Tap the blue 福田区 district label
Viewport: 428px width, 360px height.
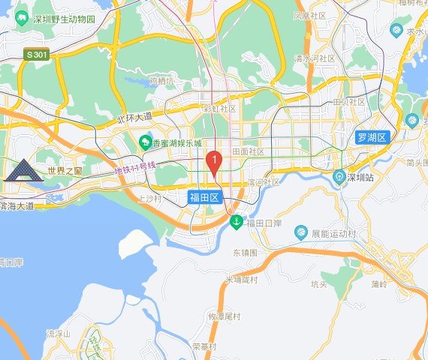point(203,198)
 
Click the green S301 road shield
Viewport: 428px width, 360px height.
point(35,55)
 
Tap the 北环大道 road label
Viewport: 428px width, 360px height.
point(135,117)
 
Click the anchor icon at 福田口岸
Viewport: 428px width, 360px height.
point(236,222)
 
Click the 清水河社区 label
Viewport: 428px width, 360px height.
point(315,57)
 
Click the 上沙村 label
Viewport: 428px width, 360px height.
point(151,199)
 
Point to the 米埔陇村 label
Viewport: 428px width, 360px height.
point(242,280)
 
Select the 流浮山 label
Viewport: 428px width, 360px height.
point(58,333)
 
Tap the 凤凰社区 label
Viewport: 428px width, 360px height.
point(309,15)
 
